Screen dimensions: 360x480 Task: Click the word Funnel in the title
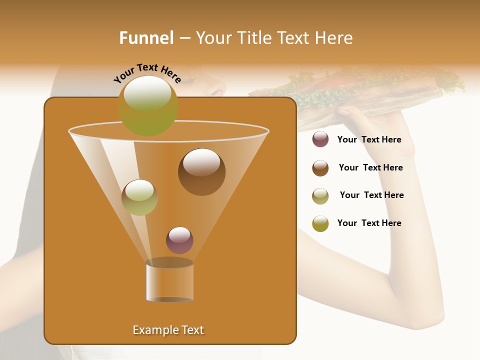pyautogui.click(x=146, y=38)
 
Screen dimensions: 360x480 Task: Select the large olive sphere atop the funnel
pyautogui.click(x=147, y=105)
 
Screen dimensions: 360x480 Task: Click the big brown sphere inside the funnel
pyautogui.click(x=201, y=172)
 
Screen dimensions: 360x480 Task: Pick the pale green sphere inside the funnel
pyautogui.click(x=139, y=197)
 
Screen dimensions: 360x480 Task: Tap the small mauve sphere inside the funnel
pyautogui.click(x=179, y=240)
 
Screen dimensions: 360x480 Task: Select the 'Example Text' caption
pyautogui.click(x=168, y=330)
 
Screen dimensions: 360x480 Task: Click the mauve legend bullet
pyautogui.click(x=320, y=139)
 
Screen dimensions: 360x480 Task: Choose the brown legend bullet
pyautogui.click(x=320, y=168)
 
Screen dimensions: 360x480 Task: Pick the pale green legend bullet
pyautogui.click(x=320, y=195)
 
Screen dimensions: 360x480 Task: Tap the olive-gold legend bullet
pyautogui.click(x=320, y=223)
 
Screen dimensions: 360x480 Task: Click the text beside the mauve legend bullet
pyautogui.click(x=369, y=140)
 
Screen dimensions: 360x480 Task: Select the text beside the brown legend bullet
pyautogui.click(x=370, y=168)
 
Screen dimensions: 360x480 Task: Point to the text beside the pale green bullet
pyautogui.click(x=371, y=195)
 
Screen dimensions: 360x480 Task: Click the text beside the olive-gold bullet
pyautogui.click(x=369, y=223)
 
